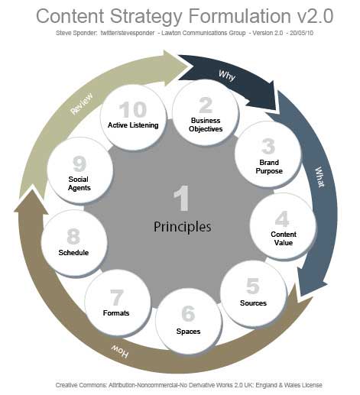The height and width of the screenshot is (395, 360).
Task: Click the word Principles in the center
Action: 182,227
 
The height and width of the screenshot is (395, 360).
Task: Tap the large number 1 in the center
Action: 182,199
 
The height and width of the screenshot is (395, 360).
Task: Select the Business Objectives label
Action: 206,125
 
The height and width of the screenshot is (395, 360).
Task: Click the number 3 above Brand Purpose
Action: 268,147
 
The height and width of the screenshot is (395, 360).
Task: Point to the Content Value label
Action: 284,238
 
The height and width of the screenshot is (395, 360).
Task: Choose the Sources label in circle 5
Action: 253,303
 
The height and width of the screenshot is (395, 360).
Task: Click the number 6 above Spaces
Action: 188,313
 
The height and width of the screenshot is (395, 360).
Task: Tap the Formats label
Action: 116,312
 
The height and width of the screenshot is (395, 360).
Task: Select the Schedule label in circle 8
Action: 73,253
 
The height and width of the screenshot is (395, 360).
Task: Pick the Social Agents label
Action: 79,183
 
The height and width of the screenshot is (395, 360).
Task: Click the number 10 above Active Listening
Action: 133,109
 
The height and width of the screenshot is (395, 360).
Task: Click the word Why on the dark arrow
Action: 227,76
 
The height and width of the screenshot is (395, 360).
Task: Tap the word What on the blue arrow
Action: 319,177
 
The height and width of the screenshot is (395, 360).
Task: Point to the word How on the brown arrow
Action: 119,351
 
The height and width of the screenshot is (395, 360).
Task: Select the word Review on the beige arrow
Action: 82,104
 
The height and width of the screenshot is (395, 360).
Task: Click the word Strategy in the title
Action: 146,17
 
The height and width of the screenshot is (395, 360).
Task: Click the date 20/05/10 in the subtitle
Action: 301,33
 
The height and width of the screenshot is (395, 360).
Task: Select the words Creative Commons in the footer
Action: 81,385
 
